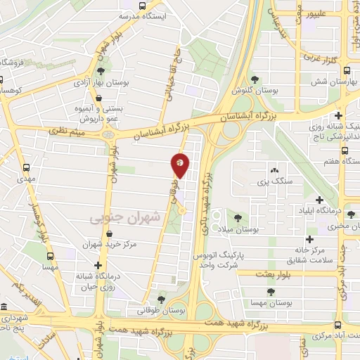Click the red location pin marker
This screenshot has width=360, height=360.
point(181,166)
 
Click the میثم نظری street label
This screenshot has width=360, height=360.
point(67,131)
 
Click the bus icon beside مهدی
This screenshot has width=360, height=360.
point(27,167)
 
